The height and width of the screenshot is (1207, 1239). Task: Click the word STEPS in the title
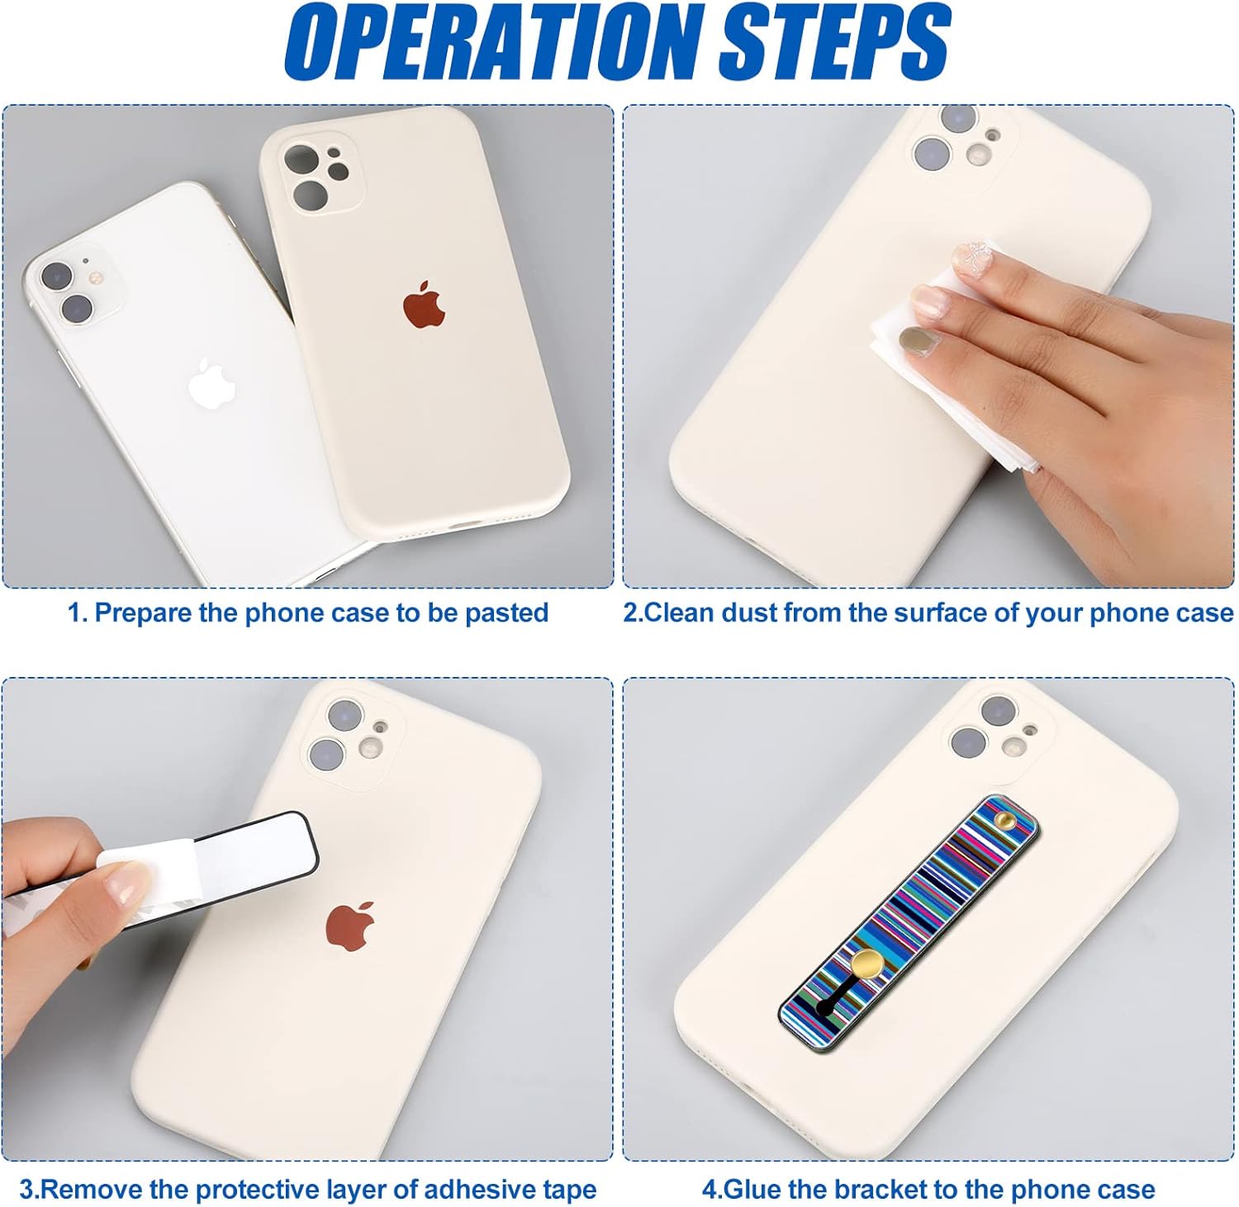pyautogui.click(x=834, y=41)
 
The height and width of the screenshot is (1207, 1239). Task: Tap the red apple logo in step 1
pyautogui.click(x=425, y=305)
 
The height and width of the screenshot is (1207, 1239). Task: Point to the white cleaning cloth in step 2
pyautogui.click(x=950, y=363)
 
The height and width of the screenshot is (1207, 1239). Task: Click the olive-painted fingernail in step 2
pyautogui.click(x=914, y=338)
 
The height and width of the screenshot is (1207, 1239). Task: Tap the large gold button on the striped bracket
pyautogui.click(x=867, y=963)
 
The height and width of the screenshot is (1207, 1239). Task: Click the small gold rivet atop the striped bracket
pyautogui.click(x=1003, y=819)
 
